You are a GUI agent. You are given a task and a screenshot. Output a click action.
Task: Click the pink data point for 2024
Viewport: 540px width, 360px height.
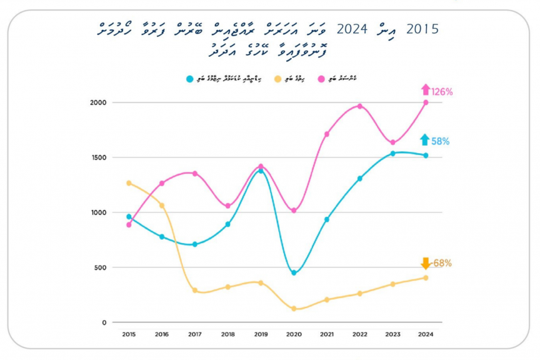[426, 102]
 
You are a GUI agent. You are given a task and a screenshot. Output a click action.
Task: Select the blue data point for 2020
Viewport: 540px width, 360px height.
[294, 272]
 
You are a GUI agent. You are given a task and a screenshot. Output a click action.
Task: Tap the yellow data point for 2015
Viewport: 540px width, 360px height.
[129, 183]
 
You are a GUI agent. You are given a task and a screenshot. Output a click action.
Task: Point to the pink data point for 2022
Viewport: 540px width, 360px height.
[359, 106]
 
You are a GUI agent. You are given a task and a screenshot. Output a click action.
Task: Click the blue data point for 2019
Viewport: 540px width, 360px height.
[261, 171]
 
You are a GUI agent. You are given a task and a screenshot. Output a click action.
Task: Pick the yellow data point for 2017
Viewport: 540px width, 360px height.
[195, 290]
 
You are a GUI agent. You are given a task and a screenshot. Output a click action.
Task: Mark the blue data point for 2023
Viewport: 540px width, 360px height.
[392, 153]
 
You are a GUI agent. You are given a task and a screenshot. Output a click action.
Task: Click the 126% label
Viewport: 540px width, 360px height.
[442, 92]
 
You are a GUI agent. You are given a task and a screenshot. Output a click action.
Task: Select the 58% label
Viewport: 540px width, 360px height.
[440, 141]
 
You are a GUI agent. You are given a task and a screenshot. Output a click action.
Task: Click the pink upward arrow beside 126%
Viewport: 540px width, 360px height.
[426, 90]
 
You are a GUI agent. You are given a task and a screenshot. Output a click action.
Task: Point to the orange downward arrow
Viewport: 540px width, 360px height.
[426, 263]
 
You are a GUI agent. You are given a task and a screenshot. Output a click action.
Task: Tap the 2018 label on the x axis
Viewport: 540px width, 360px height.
[227, 334]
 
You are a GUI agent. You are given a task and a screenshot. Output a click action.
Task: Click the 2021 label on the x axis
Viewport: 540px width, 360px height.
[327, 334]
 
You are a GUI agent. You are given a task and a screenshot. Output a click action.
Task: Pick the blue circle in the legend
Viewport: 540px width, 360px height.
[189, 79]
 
